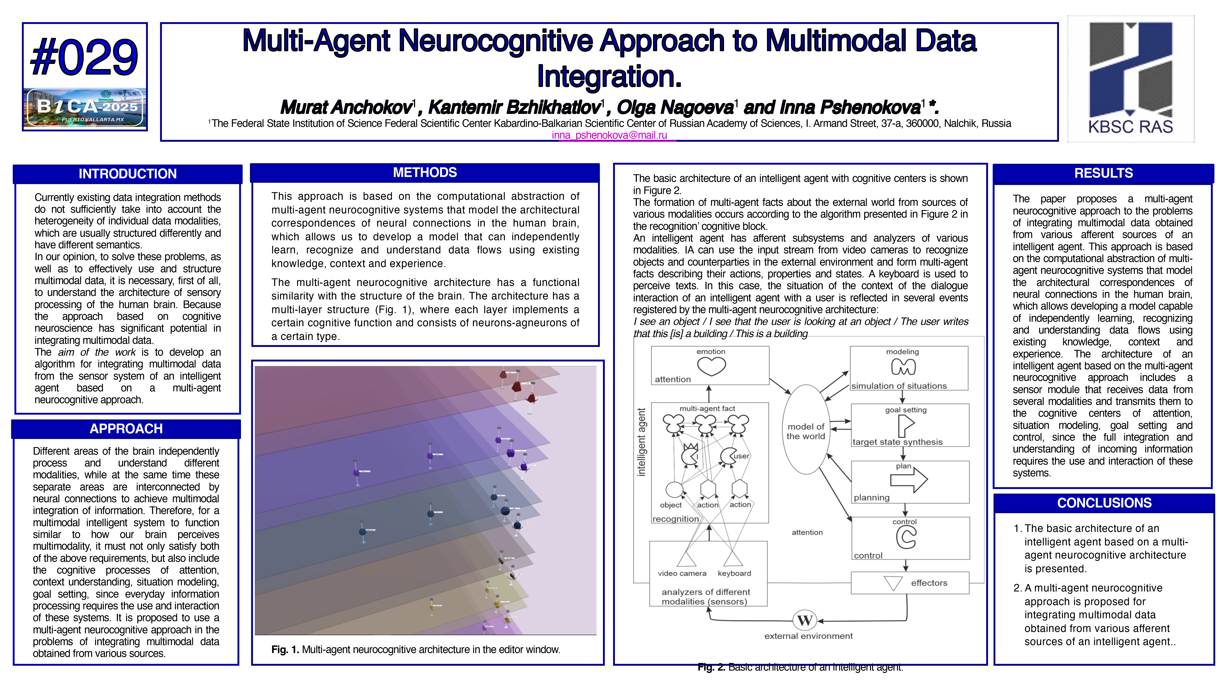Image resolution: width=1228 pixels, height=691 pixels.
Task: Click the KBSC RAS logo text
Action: (x=1130, y=127)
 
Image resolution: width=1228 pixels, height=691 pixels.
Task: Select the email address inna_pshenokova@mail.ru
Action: (x=609, y=135)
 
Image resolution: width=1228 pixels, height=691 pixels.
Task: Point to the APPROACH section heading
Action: (x=126, y=429)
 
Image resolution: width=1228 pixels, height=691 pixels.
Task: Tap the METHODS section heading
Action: (x=425, y=173)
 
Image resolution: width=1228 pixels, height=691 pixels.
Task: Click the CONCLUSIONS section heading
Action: (x=1104, y=503)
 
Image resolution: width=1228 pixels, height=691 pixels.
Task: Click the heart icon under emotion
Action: (x=711, y=366)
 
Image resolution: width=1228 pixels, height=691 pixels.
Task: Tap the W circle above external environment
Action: (x=805, y=620)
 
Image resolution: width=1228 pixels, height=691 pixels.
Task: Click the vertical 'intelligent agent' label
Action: (x=642, y=442)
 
